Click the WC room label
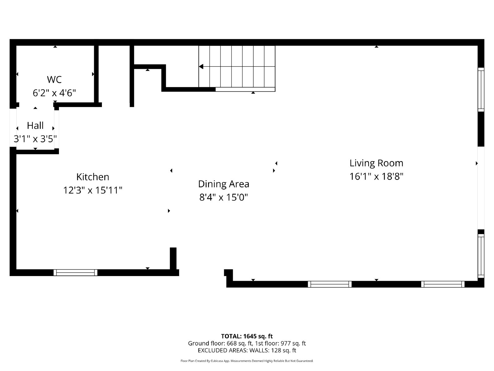54,79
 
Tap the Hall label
35,126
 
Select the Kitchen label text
93,177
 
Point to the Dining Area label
224,184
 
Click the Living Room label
376,163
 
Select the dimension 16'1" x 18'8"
376,177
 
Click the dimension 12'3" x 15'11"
93,190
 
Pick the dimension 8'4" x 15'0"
224,197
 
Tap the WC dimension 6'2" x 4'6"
54,93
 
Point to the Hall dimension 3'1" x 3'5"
35,139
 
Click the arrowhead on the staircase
201,66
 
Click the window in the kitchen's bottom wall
75,272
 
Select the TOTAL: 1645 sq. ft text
247,336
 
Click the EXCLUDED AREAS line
247,350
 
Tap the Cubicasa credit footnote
247,361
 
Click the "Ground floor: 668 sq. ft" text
220,343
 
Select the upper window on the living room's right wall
481,89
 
